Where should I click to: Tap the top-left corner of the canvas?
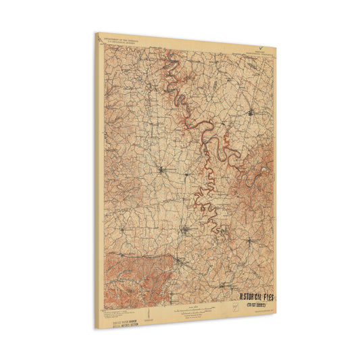click(96, 33)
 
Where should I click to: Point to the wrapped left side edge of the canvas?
click(98, 182)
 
